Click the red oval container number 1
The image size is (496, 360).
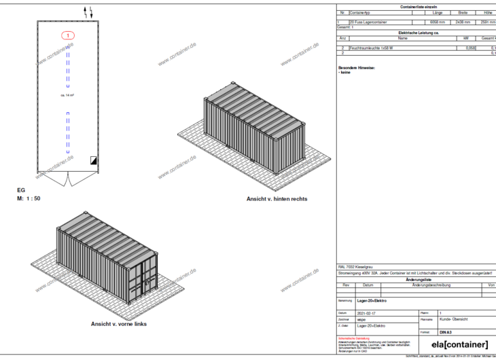pyautogui.click(x=69, y=34)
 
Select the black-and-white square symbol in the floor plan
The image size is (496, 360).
pyautogui.click(x=92, y=159)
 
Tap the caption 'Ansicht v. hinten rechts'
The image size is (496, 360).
pyautogui.click(x=277, y=199)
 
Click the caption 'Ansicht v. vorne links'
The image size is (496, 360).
pyautogui.click(x=120, y=324)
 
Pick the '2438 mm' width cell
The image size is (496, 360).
pyautogui.click(x=463, y=22)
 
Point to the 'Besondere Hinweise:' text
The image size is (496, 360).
pyautogui.click(x=357, y=67)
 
